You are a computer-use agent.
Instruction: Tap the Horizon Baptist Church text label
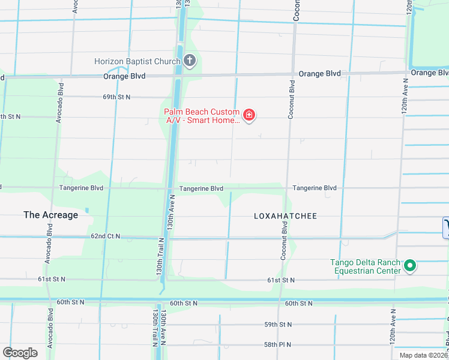[x=137, y=61]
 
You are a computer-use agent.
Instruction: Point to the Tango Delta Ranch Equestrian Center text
[x=366, y=266]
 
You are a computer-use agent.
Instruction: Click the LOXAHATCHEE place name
[x=285, y=216]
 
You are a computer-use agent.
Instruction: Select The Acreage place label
[x=50, y=215]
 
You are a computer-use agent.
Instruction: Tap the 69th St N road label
[x=116, y=97]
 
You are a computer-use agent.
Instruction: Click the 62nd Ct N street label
[x=106, y=237]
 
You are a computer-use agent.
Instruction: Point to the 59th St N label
[x=277, y=325]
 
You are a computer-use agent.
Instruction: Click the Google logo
[x=20, y=353]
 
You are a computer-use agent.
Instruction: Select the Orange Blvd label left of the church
[x=124, y=76]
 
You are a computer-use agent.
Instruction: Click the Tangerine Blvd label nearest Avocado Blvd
[x=81, y=188]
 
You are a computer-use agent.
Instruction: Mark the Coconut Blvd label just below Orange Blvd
[x=291, y=100]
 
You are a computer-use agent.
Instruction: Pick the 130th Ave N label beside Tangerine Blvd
[x=172, y=212]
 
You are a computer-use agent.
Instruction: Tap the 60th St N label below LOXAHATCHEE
[x=299, y=304]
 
